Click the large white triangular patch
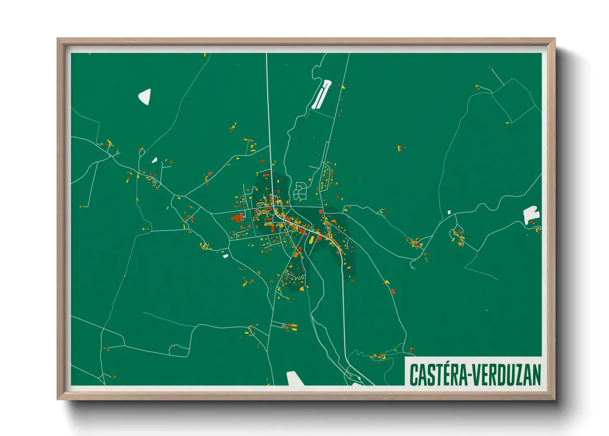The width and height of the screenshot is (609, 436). (x=145, y=96)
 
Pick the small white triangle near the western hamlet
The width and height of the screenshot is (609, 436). (x=155, y=160)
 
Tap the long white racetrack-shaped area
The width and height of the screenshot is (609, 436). (x=321, y=94)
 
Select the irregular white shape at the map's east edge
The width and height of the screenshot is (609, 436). (x=531, y=214)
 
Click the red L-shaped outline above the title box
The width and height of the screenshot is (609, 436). (x=412, y=350)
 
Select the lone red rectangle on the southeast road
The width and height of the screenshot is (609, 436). (x=393, y=291)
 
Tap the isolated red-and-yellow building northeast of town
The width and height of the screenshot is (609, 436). (x=400, y=148)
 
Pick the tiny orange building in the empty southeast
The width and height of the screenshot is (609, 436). (x=486, y=310)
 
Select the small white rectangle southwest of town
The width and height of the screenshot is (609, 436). (x=225, y=256)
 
